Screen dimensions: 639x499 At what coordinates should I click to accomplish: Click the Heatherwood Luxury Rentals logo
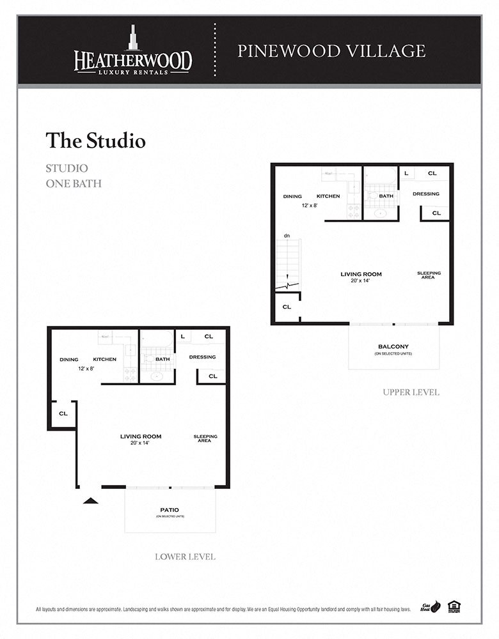click(132, 51)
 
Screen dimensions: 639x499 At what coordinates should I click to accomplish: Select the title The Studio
click(95, 141)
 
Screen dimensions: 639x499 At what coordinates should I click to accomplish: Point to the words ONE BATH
click(73, 183)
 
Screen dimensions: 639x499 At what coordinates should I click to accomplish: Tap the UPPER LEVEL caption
click(411, 392)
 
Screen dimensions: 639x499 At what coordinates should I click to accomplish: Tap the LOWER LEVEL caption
click(185, 557)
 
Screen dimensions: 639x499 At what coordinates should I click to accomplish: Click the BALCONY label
click(393, 347)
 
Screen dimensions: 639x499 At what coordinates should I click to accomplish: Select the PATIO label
click(170, 510)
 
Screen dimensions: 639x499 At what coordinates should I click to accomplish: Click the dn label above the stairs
click(287, 236)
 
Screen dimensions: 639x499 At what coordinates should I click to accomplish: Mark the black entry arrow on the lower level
click(90, 500)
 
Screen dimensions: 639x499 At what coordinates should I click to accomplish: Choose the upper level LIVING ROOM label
click(361, 274)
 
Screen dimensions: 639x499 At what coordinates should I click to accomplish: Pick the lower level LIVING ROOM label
click(141, 436)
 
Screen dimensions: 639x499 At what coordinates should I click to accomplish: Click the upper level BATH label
click(386, 196)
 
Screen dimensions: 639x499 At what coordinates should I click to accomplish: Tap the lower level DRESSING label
click(202, 357)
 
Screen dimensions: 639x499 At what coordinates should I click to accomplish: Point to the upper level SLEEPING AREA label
click(429, 275)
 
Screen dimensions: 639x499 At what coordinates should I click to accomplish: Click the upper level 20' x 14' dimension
click(361, 281)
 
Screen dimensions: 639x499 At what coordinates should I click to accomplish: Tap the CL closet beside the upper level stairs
click(287, 307)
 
